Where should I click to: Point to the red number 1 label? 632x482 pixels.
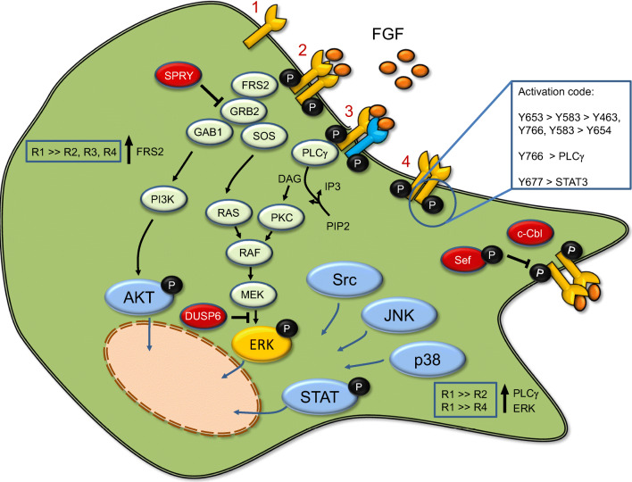[230, 13]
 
